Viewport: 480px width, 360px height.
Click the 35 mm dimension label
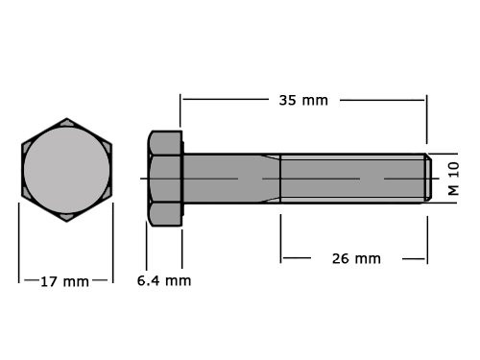(302, 99)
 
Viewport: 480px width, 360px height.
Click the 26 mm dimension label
(353, 258)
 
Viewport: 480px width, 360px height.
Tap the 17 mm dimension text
(63, 281)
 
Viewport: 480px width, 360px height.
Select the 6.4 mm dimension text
(163, 281)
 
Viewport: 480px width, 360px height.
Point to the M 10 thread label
(454, 180)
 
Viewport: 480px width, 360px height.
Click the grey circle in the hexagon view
(66, 171)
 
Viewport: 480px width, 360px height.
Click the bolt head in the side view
(164, 179)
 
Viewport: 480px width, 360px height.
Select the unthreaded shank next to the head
(222, 179)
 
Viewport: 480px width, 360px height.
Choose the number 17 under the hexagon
(49, 281)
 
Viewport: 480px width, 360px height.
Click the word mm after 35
(316, 99)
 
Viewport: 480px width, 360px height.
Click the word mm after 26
(368, 258)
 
